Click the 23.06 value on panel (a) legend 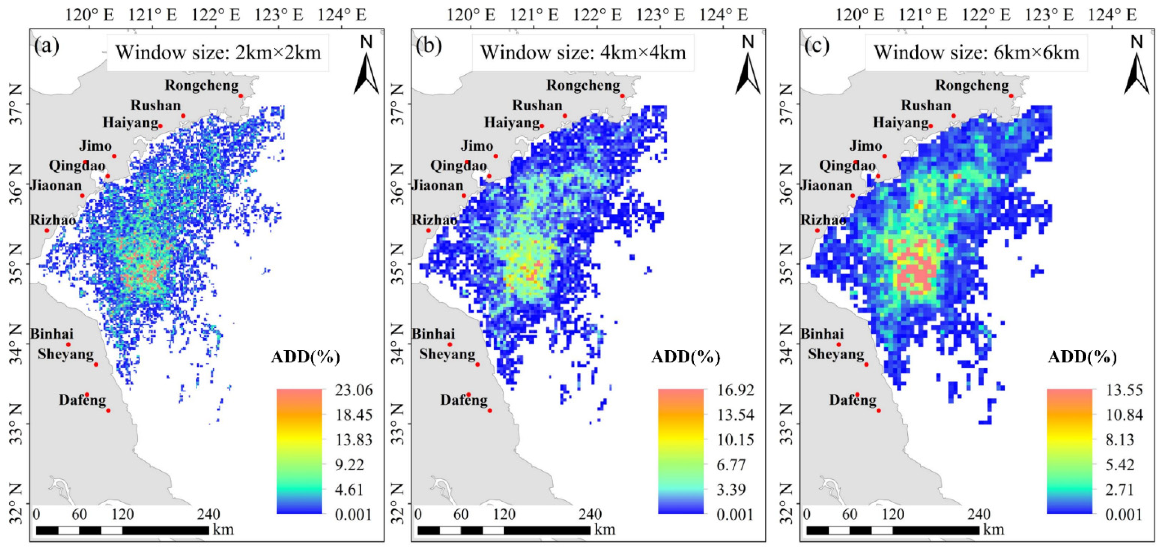354,390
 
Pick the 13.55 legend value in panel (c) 1124,390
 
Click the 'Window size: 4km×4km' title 583,53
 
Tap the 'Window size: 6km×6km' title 976,53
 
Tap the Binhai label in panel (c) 822,334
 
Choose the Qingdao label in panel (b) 458,166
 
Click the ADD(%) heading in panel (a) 305,357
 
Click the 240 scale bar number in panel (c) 979,514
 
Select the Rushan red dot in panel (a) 183,116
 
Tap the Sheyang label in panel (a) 66,354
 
